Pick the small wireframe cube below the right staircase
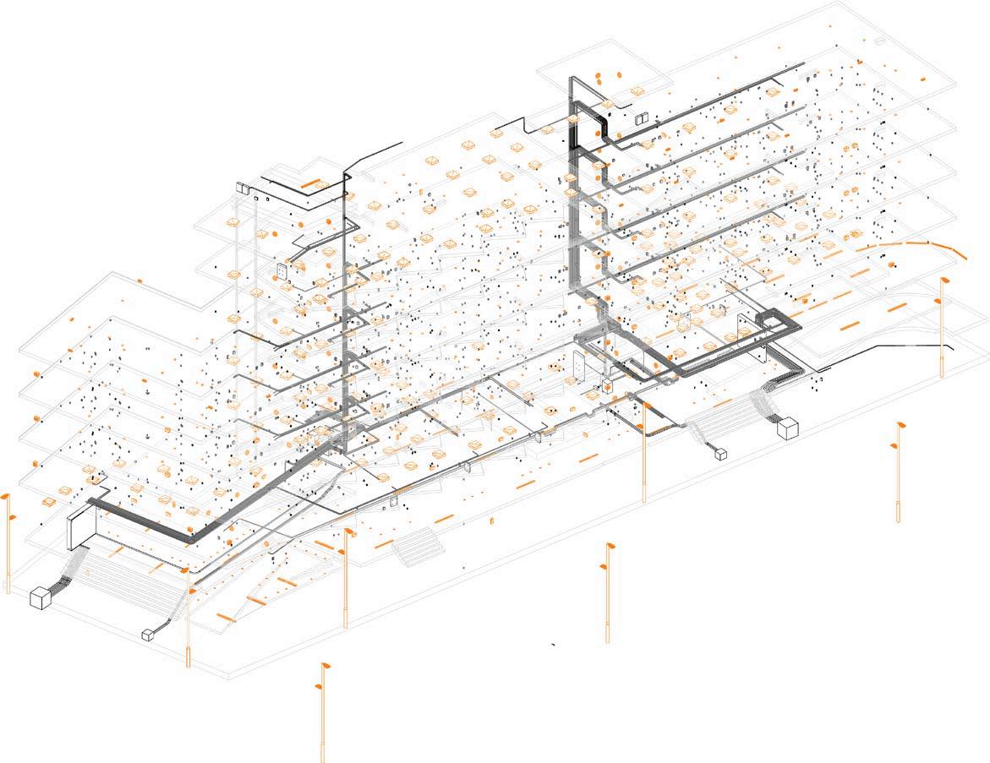click(x=721, y=454)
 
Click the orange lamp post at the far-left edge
click(x=8, y=541)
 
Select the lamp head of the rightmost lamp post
click(x=944, y=281)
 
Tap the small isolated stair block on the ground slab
click(x=418, y=547)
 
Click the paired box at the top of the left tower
click(x=245, y=188)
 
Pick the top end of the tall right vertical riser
click(x=571, y=79)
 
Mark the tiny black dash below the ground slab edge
click(x=554, y=645)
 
